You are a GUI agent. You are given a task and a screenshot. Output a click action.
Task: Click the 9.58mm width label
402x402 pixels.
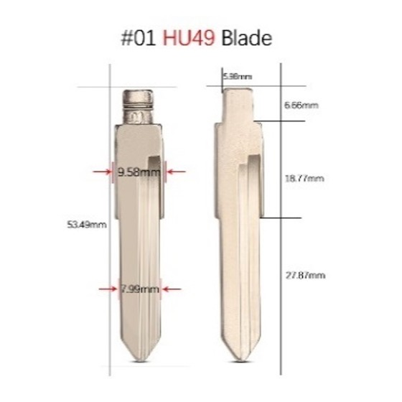(x=139, y=172)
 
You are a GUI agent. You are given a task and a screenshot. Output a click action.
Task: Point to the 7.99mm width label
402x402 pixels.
(x=139, y=289)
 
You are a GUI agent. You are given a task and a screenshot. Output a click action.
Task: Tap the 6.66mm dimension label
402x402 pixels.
(x=301, y=105)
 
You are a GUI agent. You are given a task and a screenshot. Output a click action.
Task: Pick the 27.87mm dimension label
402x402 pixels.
(x=305, y=275)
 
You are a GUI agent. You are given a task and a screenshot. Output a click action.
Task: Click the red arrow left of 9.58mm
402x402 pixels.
(x=101, y=172)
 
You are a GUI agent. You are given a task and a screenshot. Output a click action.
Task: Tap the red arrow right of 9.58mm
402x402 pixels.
(x=177, y=172)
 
